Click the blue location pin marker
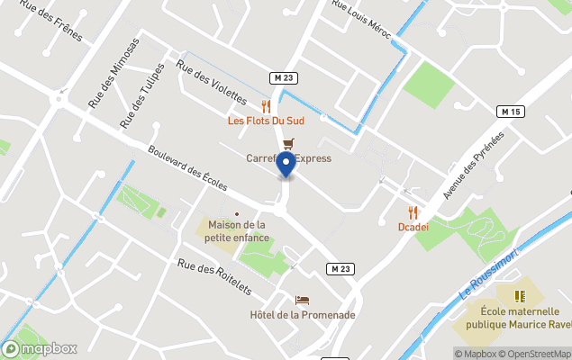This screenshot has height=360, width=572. pyautogui.click(x=286, y=166)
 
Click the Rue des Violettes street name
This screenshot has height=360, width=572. pyautogui.click(x=212, y=81)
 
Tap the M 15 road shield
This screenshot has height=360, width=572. pyautogui.click(x=511, y=111)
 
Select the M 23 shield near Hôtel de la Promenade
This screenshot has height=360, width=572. pyautogui.click(x=339, y=269)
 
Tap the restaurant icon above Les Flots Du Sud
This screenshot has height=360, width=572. pyautogui.click(x=266, y=105)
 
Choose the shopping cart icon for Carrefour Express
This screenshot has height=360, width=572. pyautogui.click(x=288, y=144)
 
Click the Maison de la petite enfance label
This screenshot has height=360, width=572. pyautogui.click(x=237, y=231)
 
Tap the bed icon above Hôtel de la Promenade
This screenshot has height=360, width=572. pyautogui.click(x=302, y=300)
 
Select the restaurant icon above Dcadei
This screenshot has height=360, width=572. pyautogui.click(x=413, y=212)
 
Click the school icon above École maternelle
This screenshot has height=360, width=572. pyautogui.click(x=519, y=295)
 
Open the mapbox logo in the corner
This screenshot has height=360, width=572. pyautogui.click(x=40, y=348)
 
